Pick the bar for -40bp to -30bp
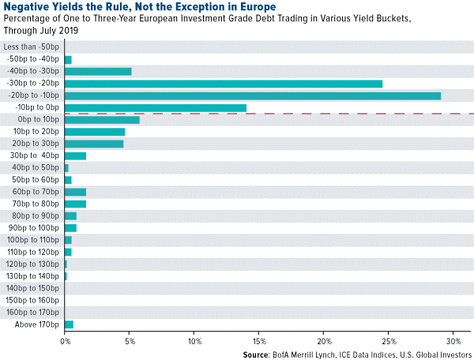97,71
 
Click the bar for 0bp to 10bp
102,120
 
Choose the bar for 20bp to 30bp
93,144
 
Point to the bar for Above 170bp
69,324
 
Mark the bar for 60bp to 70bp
75,192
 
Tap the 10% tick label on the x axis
194,341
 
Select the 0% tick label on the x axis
65,341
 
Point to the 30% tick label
453,341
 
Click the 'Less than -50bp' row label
32,47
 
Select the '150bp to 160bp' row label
32,300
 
